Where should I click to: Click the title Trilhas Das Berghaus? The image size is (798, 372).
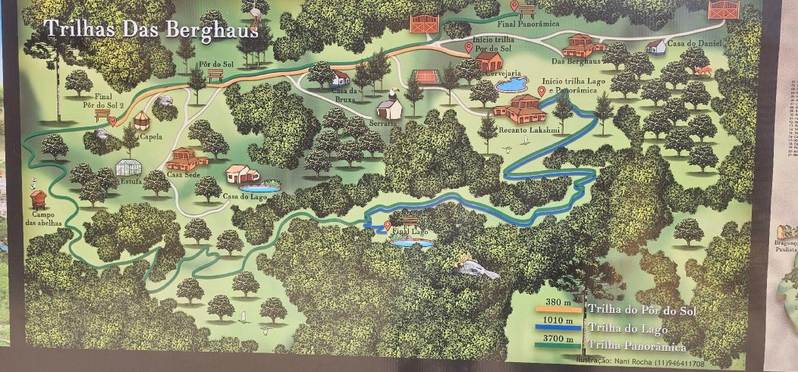151,30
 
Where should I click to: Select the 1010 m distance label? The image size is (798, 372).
558,320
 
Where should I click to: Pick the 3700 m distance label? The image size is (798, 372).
558,339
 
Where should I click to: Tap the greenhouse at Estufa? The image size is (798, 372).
127,167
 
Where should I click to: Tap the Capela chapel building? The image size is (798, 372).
141,120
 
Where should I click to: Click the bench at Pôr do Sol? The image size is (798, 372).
215,75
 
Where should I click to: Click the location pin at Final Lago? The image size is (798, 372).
388,225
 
